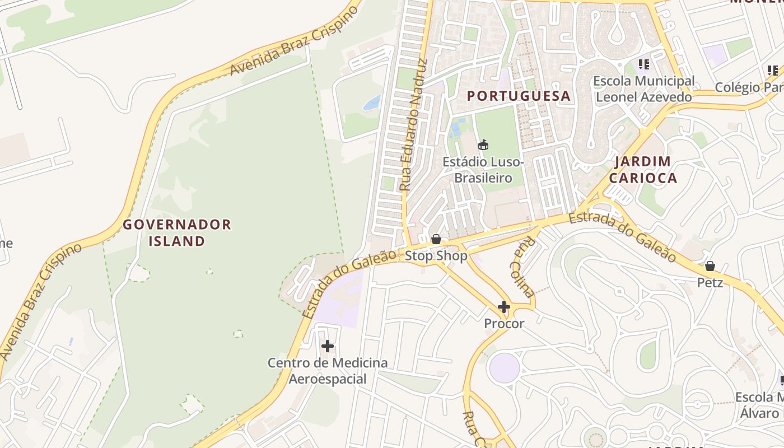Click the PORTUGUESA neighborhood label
click(x=519, y=96)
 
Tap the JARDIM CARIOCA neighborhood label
click(x=642, y=170)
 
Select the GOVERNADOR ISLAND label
click(x=177, y=233)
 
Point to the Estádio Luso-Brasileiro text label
click(x=483, y=170)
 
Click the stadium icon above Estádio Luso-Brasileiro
click(x=483, y=145)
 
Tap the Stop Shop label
click(x=436, y=256)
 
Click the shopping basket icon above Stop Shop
click(x=436, y=240)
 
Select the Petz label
click(x=710, y=283)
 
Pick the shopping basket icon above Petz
click(x=710, y=266)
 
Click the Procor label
click(x=504, y=324)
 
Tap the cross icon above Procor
click(x=504, y=307)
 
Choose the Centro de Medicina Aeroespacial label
click(x=328, y=371)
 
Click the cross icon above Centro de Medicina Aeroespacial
click(x=328, y=346)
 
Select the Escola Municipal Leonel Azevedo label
click(x=643, y=89)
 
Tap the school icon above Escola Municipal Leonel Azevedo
click(x=643, y=64)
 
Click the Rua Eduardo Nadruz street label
click(x=414, y=125)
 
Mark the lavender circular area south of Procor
click(x=504, y=368)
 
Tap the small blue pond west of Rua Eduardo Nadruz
click(x=371, y=103)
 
